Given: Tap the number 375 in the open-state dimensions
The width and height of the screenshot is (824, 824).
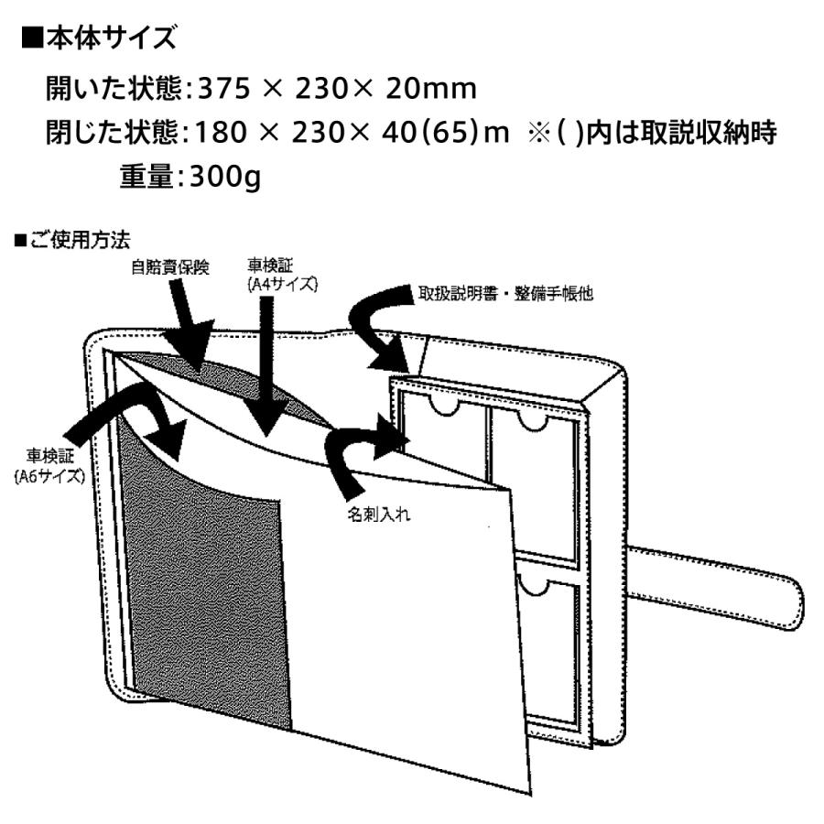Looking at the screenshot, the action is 223,88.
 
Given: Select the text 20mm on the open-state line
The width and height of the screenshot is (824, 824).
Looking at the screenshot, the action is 431,88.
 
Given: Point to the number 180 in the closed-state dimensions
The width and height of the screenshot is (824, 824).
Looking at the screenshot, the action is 221,132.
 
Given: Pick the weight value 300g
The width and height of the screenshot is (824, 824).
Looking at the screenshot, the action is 225,177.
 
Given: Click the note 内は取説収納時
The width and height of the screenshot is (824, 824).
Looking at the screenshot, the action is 681,132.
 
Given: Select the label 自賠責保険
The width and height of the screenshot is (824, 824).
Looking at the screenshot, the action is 170,267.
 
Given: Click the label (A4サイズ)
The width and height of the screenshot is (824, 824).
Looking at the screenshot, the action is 282,285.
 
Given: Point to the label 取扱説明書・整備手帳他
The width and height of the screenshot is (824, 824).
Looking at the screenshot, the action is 505,293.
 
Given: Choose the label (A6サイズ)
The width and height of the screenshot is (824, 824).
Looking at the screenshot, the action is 49,476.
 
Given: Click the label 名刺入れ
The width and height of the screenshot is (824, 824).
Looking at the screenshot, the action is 378,514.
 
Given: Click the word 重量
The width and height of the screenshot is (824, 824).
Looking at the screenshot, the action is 146,176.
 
